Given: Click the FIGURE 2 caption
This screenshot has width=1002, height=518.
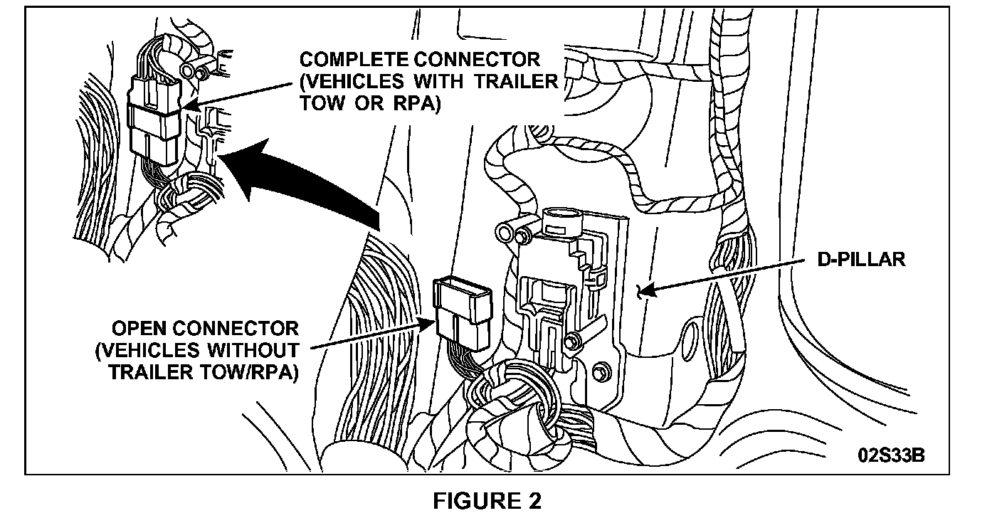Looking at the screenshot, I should [487, 500].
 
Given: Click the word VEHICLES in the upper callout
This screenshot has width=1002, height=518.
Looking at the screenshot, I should [347, 81].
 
